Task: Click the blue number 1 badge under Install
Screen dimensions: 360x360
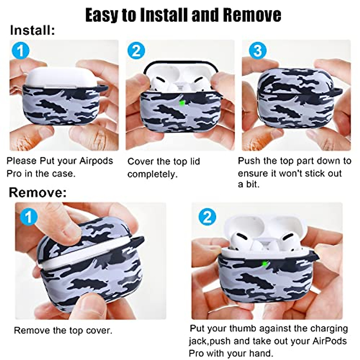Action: coord(20,51)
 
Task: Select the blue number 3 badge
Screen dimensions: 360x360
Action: coord(257,51)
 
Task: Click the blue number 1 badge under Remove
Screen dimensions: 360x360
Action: coord(28,217)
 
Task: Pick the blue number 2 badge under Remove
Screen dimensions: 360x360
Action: coord(207,217)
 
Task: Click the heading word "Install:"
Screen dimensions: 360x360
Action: coord(32,31)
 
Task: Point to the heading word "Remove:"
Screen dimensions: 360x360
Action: coord(37,192)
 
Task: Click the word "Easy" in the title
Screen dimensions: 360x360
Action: coord(102,15)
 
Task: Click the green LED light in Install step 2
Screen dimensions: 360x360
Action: coord(181,103)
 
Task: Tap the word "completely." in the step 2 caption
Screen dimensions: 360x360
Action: coord(152,174)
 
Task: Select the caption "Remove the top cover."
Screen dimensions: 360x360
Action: coord(63,331)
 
